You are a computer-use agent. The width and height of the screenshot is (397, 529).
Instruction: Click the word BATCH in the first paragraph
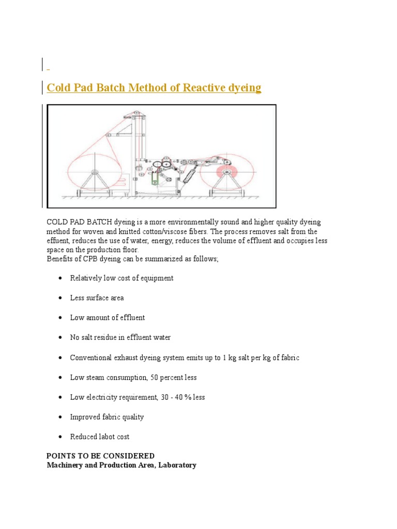tap(106, 222)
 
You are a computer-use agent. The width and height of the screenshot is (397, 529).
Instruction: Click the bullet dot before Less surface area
tap(60, 298)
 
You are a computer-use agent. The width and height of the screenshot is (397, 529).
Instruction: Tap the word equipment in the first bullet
tap(156, 278)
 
